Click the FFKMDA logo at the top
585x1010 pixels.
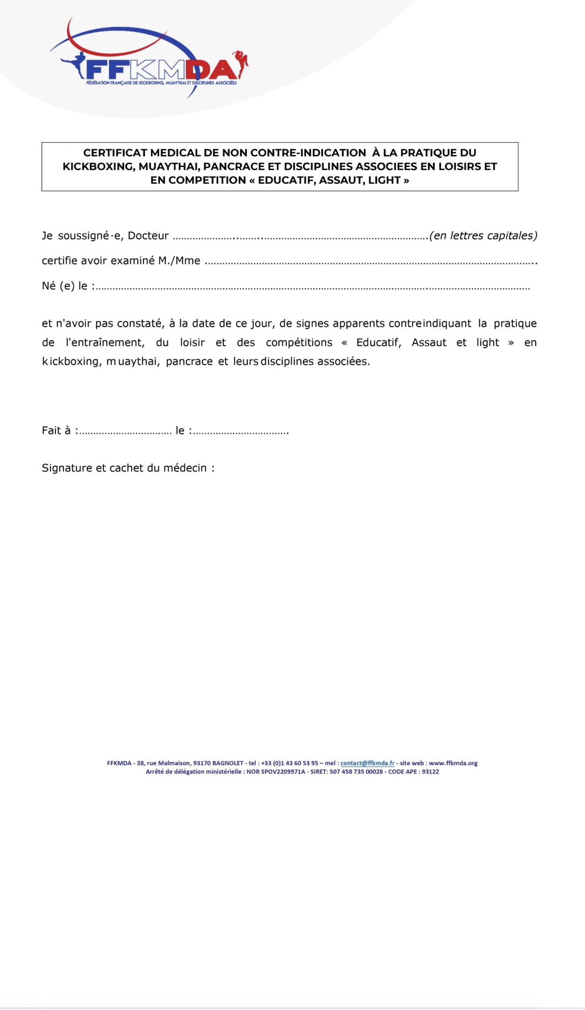pos(160,69)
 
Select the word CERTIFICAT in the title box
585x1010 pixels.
pos(115,153)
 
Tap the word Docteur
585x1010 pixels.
pos(148,236)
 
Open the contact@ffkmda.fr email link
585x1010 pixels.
pos(367,763)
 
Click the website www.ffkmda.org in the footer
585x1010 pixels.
pos(453,763)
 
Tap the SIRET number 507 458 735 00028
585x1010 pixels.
pos(356,772)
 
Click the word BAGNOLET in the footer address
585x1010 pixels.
pos(228,763)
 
